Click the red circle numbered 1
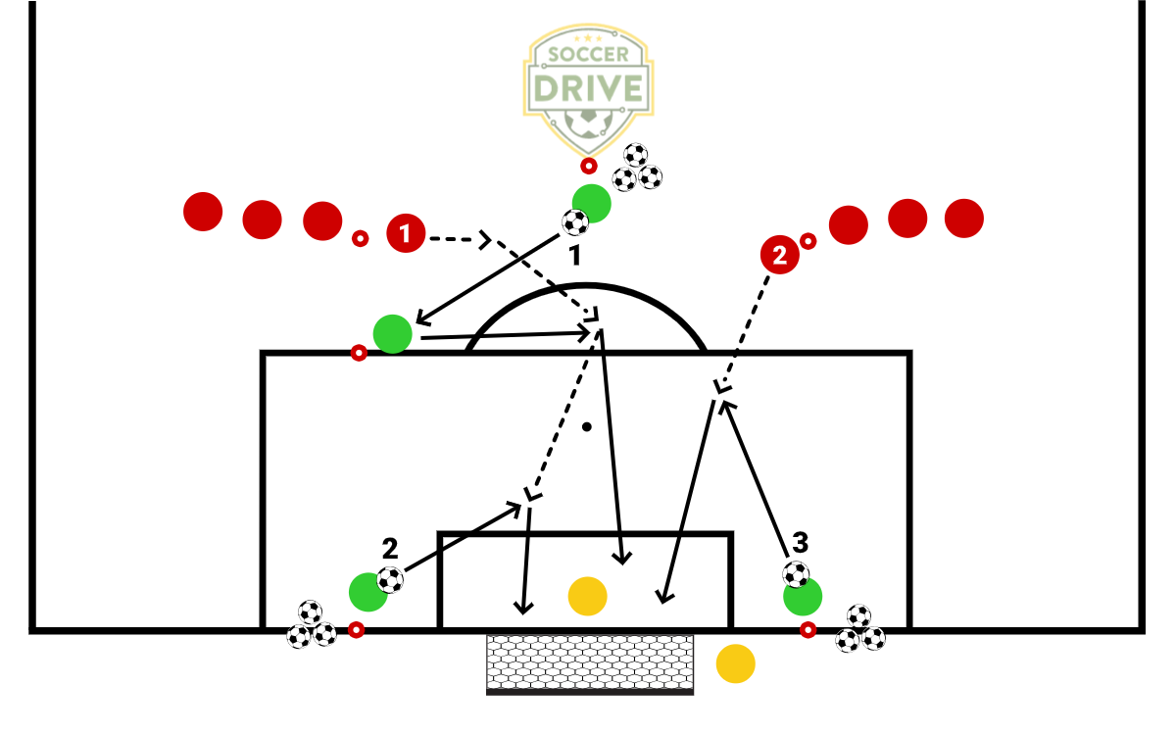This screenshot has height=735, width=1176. pyautogui.click(x=406, y=233)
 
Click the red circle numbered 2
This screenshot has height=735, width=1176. pyautogui.click(x=779, y=256)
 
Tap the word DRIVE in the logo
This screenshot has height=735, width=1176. pyautogui.click(x=587, y=88)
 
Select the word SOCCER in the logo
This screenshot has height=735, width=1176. pyautogui.click(x=587, y=55)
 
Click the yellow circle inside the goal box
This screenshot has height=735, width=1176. pyautogui.click(x=588, y=595)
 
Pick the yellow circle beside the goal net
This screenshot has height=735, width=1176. pyautogui.click(x=735, y=663)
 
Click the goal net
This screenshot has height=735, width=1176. pyautogui.click(x=590, y=662)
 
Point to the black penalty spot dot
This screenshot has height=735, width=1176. pyautogui.click(x=586, y=426)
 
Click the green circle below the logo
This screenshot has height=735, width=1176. pyautogui.click(x=592, y=203)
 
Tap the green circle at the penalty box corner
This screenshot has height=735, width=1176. pyautogui.click(x=392, y=333)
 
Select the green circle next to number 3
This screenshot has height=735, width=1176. pyautogui.click(x=803, y=596)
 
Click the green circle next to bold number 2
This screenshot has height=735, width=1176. pyautogui.click(x=368, y=591)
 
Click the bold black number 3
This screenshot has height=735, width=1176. pyautogui.click(x=801, y=541)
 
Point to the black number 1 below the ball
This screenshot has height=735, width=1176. pyautogui.click(x=575, y=256)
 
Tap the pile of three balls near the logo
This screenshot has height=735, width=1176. pyautogui.click(x=637, y=170)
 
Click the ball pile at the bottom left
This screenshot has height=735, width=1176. pyautogui.click(x=311, y=626)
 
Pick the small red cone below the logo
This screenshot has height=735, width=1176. pyautogui.click(x=587, y=166)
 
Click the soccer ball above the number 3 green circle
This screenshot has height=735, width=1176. pyautogui.click(x=797, y=573)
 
